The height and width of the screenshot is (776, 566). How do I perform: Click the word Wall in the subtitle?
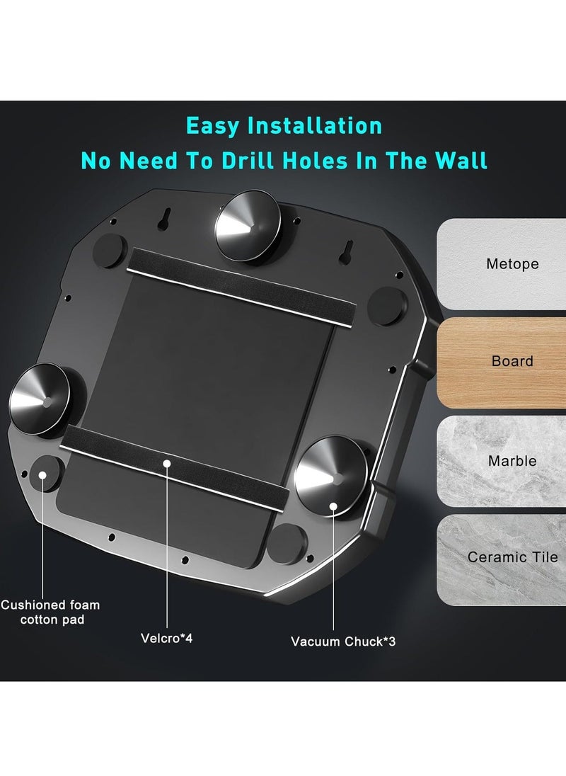pyautogui.click(x=457, y=161)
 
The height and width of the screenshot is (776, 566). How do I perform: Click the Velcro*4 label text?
pyautogui.click(x=167, y=639)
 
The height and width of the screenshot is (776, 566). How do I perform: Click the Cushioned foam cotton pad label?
pyautogui.click(x=50, y=612)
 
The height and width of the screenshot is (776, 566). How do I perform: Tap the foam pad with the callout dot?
pyautogui.click(x=45, y=475)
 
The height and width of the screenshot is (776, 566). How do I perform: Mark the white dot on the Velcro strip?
pyautogui.click(x=167, y=464)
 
